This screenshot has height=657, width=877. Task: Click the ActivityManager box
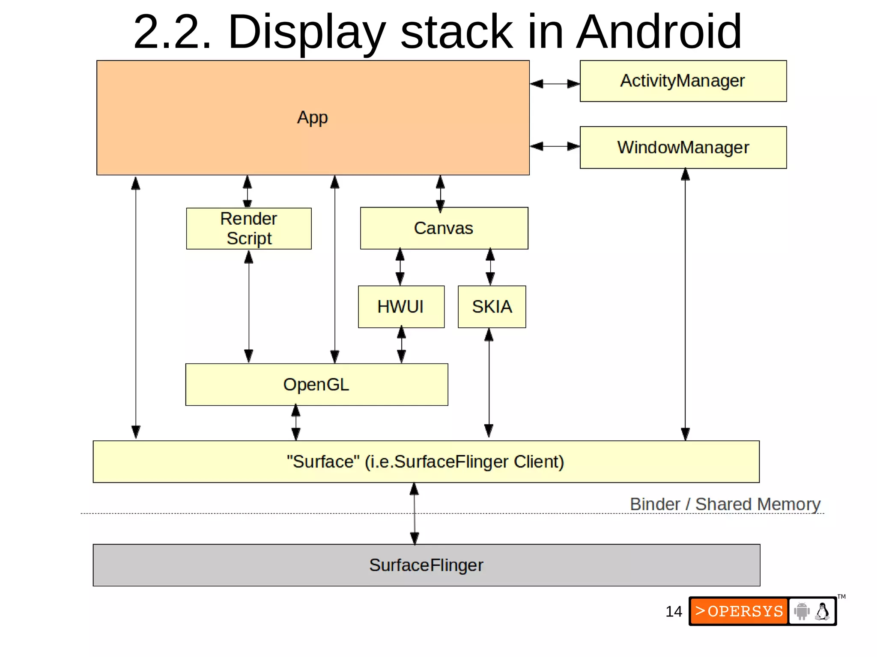(683, 81)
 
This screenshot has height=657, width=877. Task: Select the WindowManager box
(683, 147)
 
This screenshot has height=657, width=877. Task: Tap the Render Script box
(248, 229)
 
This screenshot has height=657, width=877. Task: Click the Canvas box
(444, 228)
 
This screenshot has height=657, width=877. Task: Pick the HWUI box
(401, 306)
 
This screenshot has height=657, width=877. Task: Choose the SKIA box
(492, 306)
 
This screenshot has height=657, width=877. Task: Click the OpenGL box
(316, 384)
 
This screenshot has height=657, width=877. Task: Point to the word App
(313, 117)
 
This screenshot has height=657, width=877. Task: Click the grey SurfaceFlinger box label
(426, 565)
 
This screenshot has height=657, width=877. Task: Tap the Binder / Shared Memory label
(725, 504)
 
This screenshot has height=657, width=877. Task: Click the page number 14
(673, 611)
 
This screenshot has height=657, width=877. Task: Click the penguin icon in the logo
(822, 611)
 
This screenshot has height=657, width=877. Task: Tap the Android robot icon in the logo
(802, 611)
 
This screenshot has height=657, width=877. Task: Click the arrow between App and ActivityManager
(555, 84)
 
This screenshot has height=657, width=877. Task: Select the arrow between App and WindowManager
(555, 146)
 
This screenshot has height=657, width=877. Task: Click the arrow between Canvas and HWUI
(400, 267)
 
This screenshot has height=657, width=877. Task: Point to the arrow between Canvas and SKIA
(490, 267)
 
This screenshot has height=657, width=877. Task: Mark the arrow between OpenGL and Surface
(296, 422)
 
